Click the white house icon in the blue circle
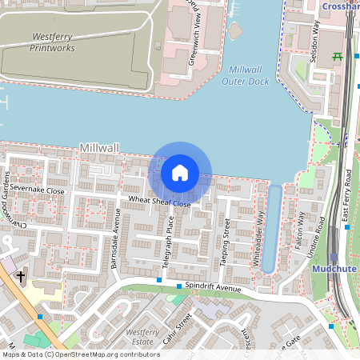[x=180, y=173]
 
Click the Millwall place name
[x=99, y=149]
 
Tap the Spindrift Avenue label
[x=213, y=288]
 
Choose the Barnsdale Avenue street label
[x=115, y=238]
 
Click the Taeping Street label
[x=226, y=240]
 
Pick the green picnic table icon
[x=338, y=56]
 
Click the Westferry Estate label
[x=142, y=337]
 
